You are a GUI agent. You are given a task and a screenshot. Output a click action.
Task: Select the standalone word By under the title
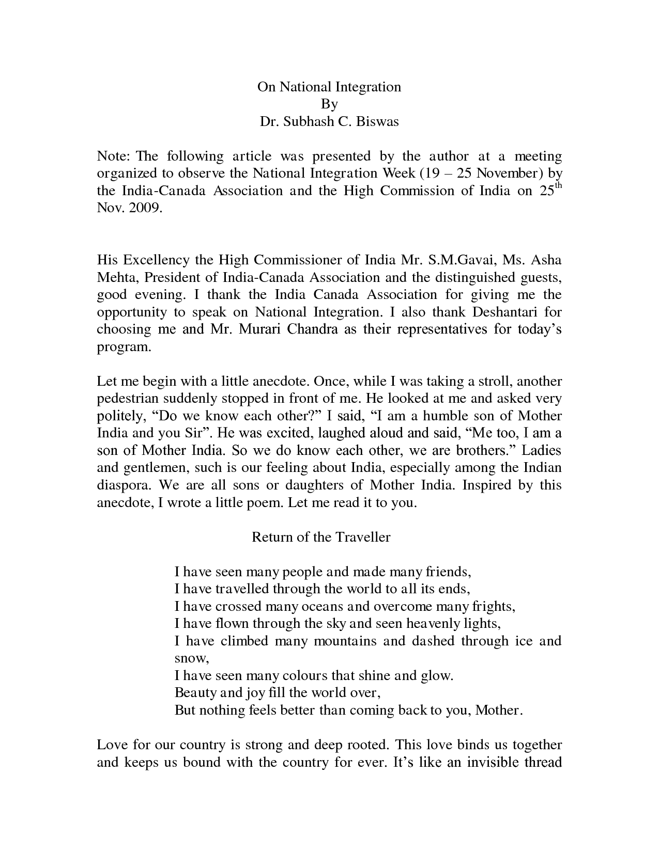click(x=329, y=104)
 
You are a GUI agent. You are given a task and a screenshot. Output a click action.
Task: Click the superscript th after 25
click(x=557, y=186)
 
